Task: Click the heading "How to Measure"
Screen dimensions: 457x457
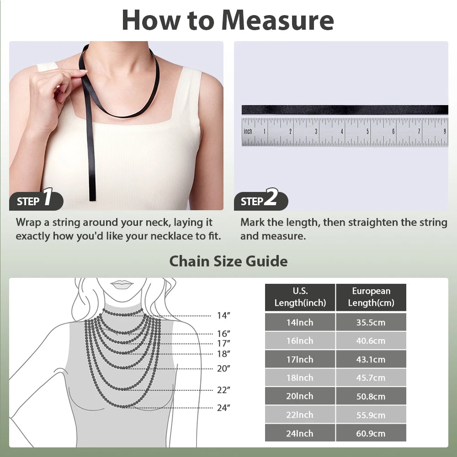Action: click(x=228, y=20)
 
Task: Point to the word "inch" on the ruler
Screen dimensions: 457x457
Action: click(x=248, y=132)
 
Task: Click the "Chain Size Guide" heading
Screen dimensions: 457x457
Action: click(x=228, y=261)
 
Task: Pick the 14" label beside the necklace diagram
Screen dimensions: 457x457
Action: click(x=223, y=315)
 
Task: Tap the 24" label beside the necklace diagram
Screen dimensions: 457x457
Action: click(x=223, y=408)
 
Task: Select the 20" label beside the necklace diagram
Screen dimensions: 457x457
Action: click(x=223, y=368)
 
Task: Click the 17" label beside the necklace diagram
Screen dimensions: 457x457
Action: click(x=223, y=343)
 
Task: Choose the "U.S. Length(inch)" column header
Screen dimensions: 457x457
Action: click(x=300, y=297)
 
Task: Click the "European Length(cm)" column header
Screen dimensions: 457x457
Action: click(x=371, y=297)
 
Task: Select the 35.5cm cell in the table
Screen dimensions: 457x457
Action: click(x=371, y=322)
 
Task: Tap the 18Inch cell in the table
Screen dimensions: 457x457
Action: click(x=300, y=378)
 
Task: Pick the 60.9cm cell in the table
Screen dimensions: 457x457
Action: click(x=371, y=433)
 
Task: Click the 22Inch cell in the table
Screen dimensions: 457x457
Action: click(x=300, y=415)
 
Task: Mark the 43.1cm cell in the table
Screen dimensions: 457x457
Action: click(x=371, y=359)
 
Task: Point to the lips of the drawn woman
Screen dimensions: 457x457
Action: click(x=122, y=284)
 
